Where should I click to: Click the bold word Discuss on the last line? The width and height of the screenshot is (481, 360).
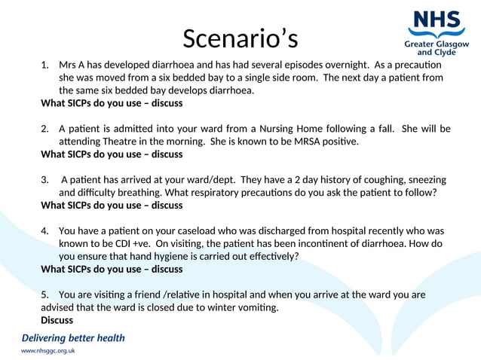(57, 320)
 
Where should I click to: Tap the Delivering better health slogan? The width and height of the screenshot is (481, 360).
(73, 338)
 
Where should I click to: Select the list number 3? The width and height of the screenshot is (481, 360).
(44, 179)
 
